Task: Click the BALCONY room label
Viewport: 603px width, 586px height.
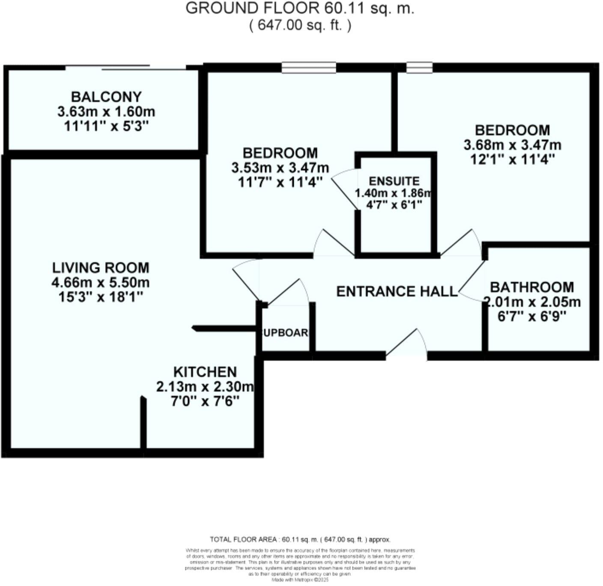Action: click(106, 97)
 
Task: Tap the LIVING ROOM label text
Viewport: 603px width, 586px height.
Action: click(101, 268)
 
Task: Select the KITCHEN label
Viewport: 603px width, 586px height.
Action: click(205, 372)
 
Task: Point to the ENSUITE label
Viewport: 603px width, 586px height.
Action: click(394, 181)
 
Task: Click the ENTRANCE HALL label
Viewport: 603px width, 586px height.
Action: click(397, 292)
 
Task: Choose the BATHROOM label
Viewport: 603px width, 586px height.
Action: click(532, 287)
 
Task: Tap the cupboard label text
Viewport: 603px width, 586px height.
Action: click(285, 333)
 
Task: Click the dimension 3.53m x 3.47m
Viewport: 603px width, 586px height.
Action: click(280, 167)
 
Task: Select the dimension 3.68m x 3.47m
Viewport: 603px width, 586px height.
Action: click(512, 145)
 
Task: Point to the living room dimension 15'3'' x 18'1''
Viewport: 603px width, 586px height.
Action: click(101, 297)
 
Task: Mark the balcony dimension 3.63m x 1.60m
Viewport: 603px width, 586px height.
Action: click(106, 112)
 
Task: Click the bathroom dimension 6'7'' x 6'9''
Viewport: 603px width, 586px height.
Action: click(532, 317)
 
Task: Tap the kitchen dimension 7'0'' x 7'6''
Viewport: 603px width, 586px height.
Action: click(205, 401)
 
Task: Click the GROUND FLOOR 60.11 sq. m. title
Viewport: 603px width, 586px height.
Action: click(300, 9)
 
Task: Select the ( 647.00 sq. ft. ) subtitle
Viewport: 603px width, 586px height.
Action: click(300, 25)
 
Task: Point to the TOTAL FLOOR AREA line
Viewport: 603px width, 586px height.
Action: click(300, 540)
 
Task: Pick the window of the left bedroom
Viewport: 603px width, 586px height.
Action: click(309, 67)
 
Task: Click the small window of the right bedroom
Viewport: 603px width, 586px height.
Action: click(419, 67)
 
